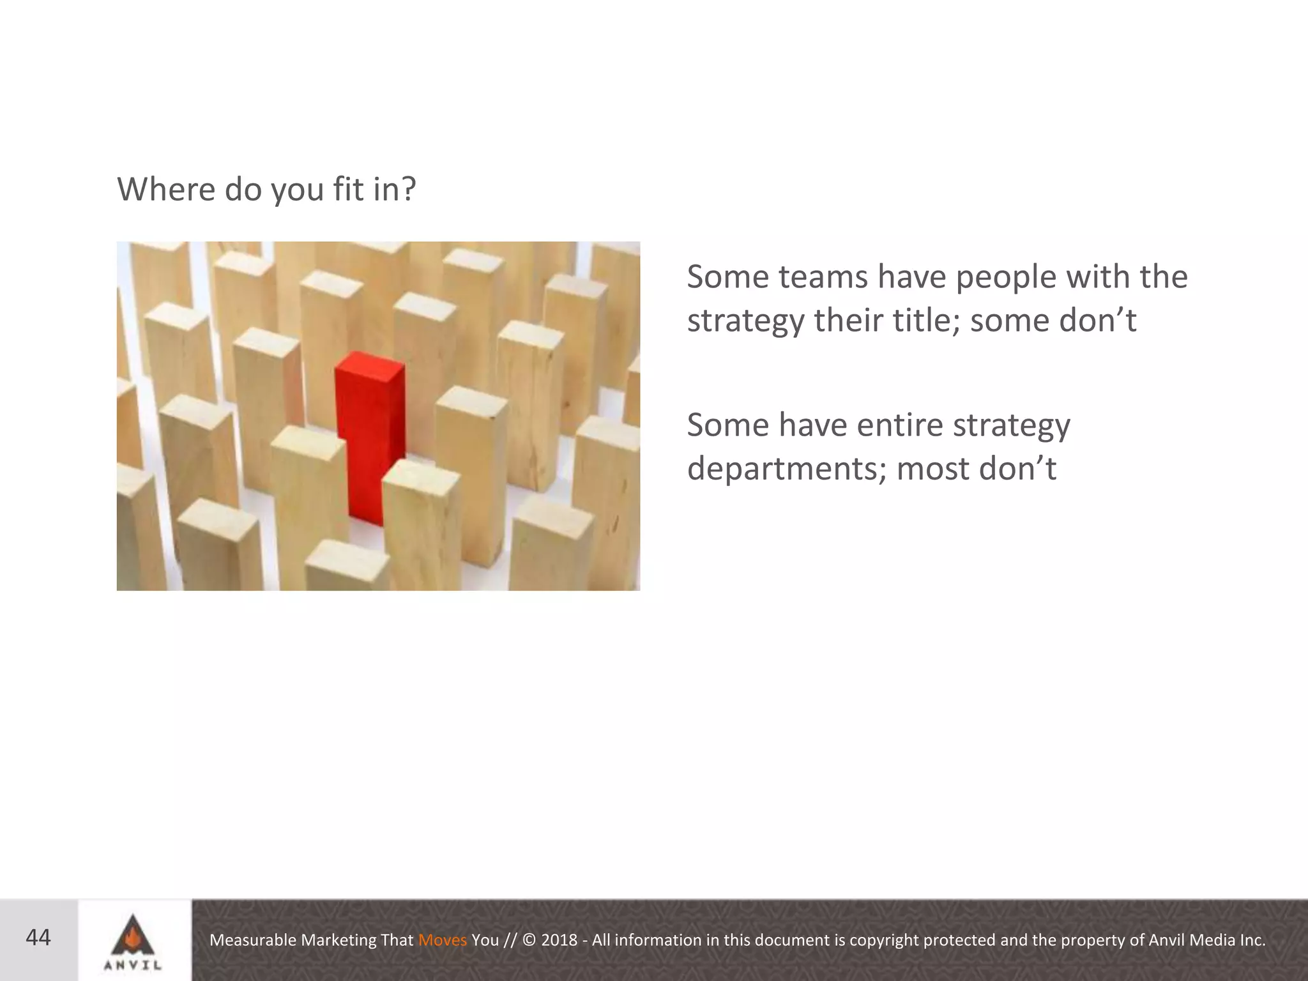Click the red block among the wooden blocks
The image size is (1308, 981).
pyautogui.click(x=370, y=434)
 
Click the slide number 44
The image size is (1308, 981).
pyautogui.click(x=38, y=938)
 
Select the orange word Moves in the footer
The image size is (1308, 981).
pyautogui.click(x=443, y=940)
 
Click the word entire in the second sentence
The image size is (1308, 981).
pyautogui.click(x=899, y=425)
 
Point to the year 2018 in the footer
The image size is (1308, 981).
pyautogui.click(x=559, y=940)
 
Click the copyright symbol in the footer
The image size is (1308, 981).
pyautogui.click(x=529, y=940)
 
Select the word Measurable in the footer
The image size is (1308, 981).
pyautogui.click(x=253, y=940)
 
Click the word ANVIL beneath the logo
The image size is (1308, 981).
pyautogui.click(x=133, y=966)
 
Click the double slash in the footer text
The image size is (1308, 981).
pyautogui.click(x=510, y=940)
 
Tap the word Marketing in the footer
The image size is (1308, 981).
pyautogui.click(x=338, y=940)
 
